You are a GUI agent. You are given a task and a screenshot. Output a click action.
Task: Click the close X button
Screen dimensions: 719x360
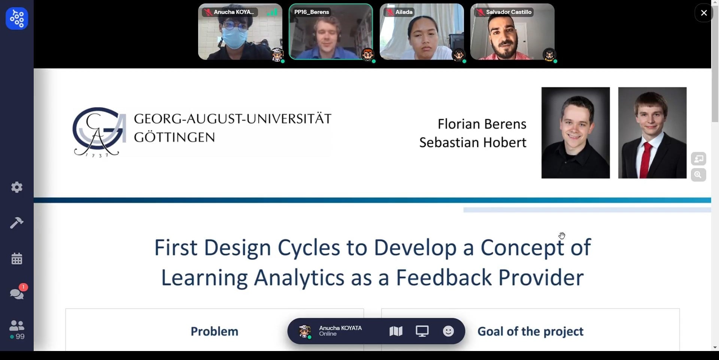click(704, 13)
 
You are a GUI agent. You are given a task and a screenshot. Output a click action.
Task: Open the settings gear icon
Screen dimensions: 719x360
click(17, 187)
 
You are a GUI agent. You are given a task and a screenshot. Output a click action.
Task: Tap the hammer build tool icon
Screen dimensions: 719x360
click(17, 223)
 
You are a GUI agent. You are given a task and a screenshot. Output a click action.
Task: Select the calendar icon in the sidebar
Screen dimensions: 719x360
click(17, 258)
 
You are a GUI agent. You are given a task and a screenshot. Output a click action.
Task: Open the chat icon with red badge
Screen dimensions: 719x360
click(17, 293)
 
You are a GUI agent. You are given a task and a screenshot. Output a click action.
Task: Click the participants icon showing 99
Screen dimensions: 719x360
click(17, 330)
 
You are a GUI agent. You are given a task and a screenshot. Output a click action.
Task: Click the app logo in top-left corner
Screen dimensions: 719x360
click(17, 18)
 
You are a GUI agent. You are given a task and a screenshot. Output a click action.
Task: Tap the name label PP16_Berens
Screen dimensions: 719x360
click(312, 12)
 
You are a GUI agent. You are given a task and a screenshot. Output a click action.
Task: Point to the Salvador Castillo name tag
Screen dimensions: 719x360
click(509, 12)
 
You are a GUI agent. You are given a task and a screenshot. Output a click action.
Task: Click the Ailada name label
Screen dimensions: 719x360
click(404, 12)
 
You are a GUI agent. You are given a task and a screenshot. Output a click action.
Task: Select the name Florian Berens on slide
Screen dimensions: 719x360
click(482, 124)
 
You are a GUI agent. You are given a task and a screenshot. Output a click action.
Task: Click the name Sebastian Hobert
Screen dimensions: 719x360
click(473, 142)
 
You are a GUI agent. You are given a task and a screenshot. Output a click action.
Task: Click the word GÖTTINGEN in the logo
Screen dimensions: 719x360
click(175, 137)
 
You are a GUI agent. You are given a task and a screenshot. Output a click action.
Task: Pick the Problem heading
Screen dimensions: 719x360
click(215, 331)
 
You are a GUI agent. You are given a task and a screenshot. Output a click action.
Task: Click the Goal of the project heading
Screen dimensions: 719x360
click(530, 331)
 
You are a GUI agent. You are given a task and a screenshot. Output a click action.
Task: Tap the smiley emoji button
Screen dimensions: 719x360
click(448, 331)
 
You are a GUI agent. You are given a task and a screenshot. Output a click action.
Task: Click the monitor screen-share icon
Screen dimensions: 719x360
click(422, 331)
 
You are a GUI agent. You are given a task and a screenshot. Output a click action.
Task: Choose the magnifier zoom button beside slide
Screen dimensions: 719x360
click(698, 175)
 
